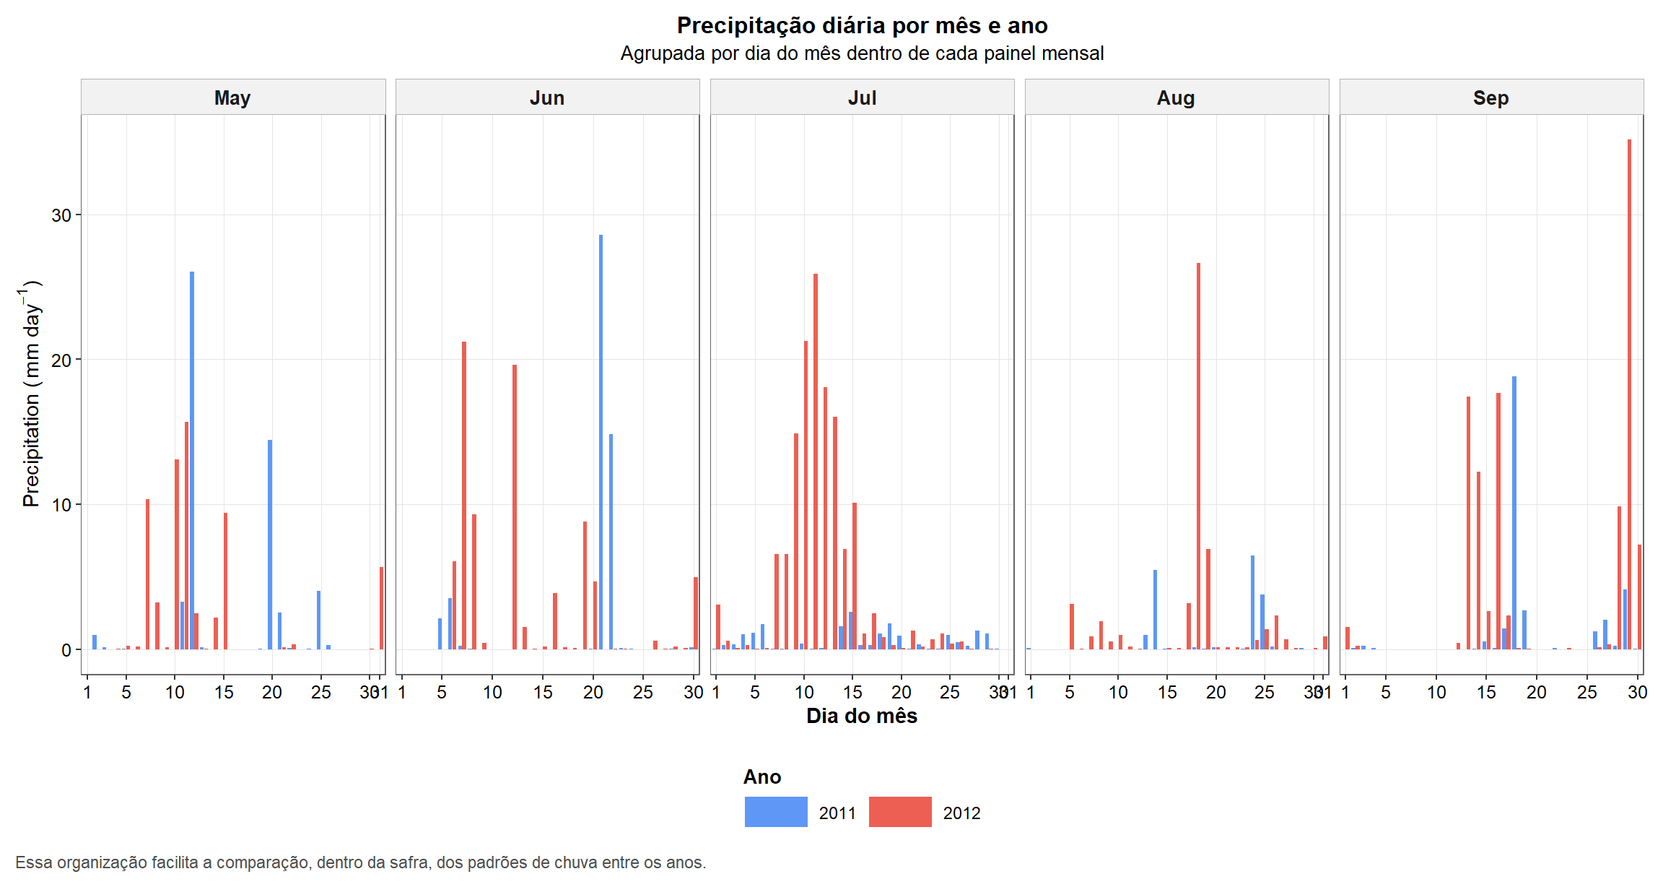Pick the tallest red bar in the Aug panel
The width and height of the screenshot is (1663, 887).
pos(1198,456)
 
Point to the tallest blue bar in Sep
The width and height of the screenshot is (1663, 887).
pos(1514,512)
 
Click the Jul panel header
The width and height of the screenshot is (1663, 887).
pos(862,98)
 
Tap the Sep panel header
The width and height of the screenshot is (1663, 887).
pos(1490,98)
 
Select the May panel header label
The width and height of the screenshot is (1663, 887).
pos(232,98)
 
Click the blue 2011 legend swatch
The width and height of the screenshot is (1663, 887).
pos(776,812)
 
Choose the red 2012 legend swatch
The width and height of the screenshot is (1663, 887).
pos(900,812)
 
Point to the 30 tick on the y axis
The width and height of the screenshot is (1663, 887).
pos(61,215)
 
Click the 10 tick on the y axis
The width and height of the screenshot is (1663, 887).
pos(61,505)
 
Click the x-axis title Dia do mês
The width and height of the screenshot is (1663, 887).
pos(862,716)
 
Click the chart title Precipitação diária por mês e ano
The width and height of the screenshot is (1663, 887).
pos(862,25)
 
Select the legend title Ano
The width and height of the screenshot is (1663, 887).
pos(762,776)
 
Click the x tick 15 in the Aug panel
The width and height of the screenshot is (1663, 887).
pos(1167,692)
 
